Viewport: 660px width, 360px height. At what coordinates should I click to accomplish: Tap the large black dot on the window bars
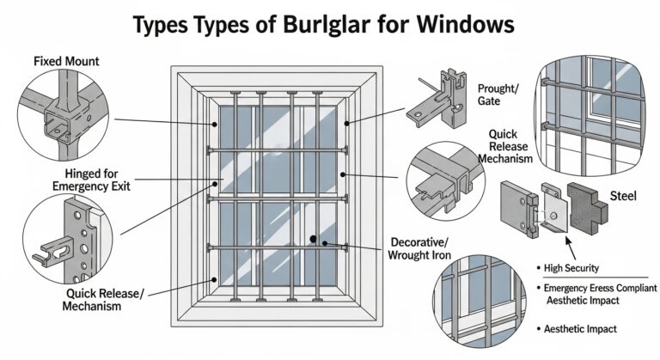coord(315,239)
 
